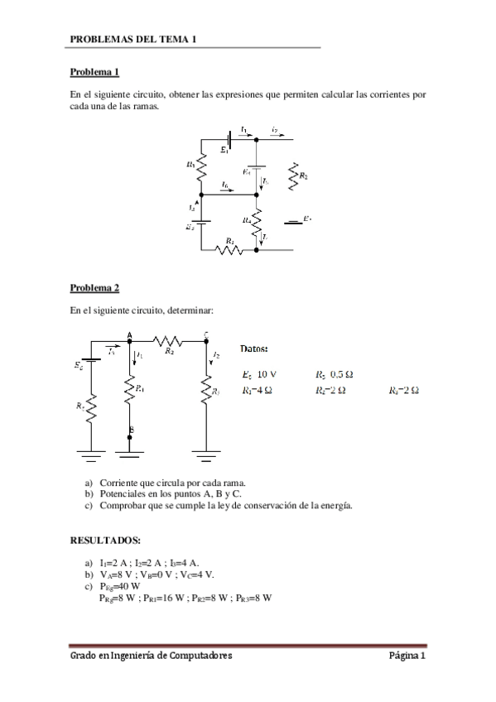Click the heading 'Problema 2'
pos(94,288)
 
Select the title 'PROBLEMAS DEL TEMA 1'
pos(132,39)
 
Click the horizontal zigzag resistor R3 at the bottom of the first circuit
pos(229,248)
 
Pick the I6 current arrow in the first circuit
pos(226,186)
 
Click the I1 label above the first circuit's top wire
pos(243,129)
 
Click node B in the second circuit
pos(130,430)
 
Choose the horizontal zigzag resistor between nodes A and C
pos(169,340)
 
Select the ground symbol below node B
pos(130,452)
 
